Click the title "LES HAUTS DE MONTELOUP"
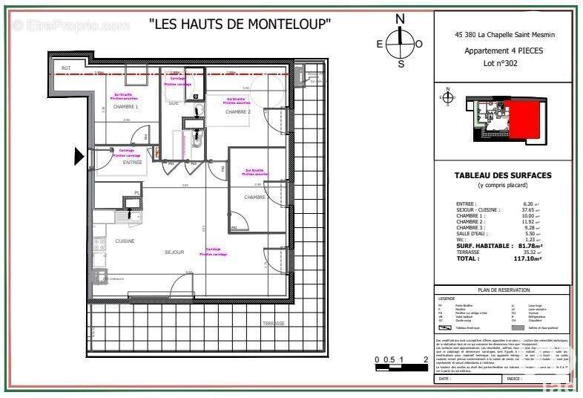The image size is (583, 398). [x=239, y=24]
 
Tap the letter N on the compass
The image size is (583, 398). [x=400, y=19]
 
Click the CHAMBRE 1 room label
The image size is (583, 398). [x=125, y=107]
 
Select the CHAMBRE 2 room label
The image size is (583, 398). [x=238, y=111]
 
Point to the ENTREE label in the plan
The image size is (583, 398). [x=132, y=162]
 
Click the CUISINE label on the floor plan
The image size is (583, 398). [x=125, y=241]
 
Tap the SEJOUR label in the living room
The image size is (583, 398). [x=174, y=252]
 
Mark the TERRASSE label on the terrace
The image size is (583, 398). [x=273, y=324]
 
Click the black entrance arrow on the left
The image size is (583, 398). [x=79, y=156]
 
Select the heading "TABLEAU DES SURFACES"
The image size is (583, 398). [x=503, y=176]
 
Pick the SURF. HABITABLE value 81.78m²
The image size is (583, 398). [x=530, y=246]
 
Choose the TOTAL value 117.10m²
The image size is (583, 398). [x=530, y=258]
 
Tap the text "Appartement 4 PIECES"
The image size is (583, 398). [x=503, y=50]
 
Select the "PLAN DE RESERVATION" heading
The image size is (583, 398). [x=503, y=291]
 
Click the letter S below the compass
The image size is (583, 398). [x=401, y=64]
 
